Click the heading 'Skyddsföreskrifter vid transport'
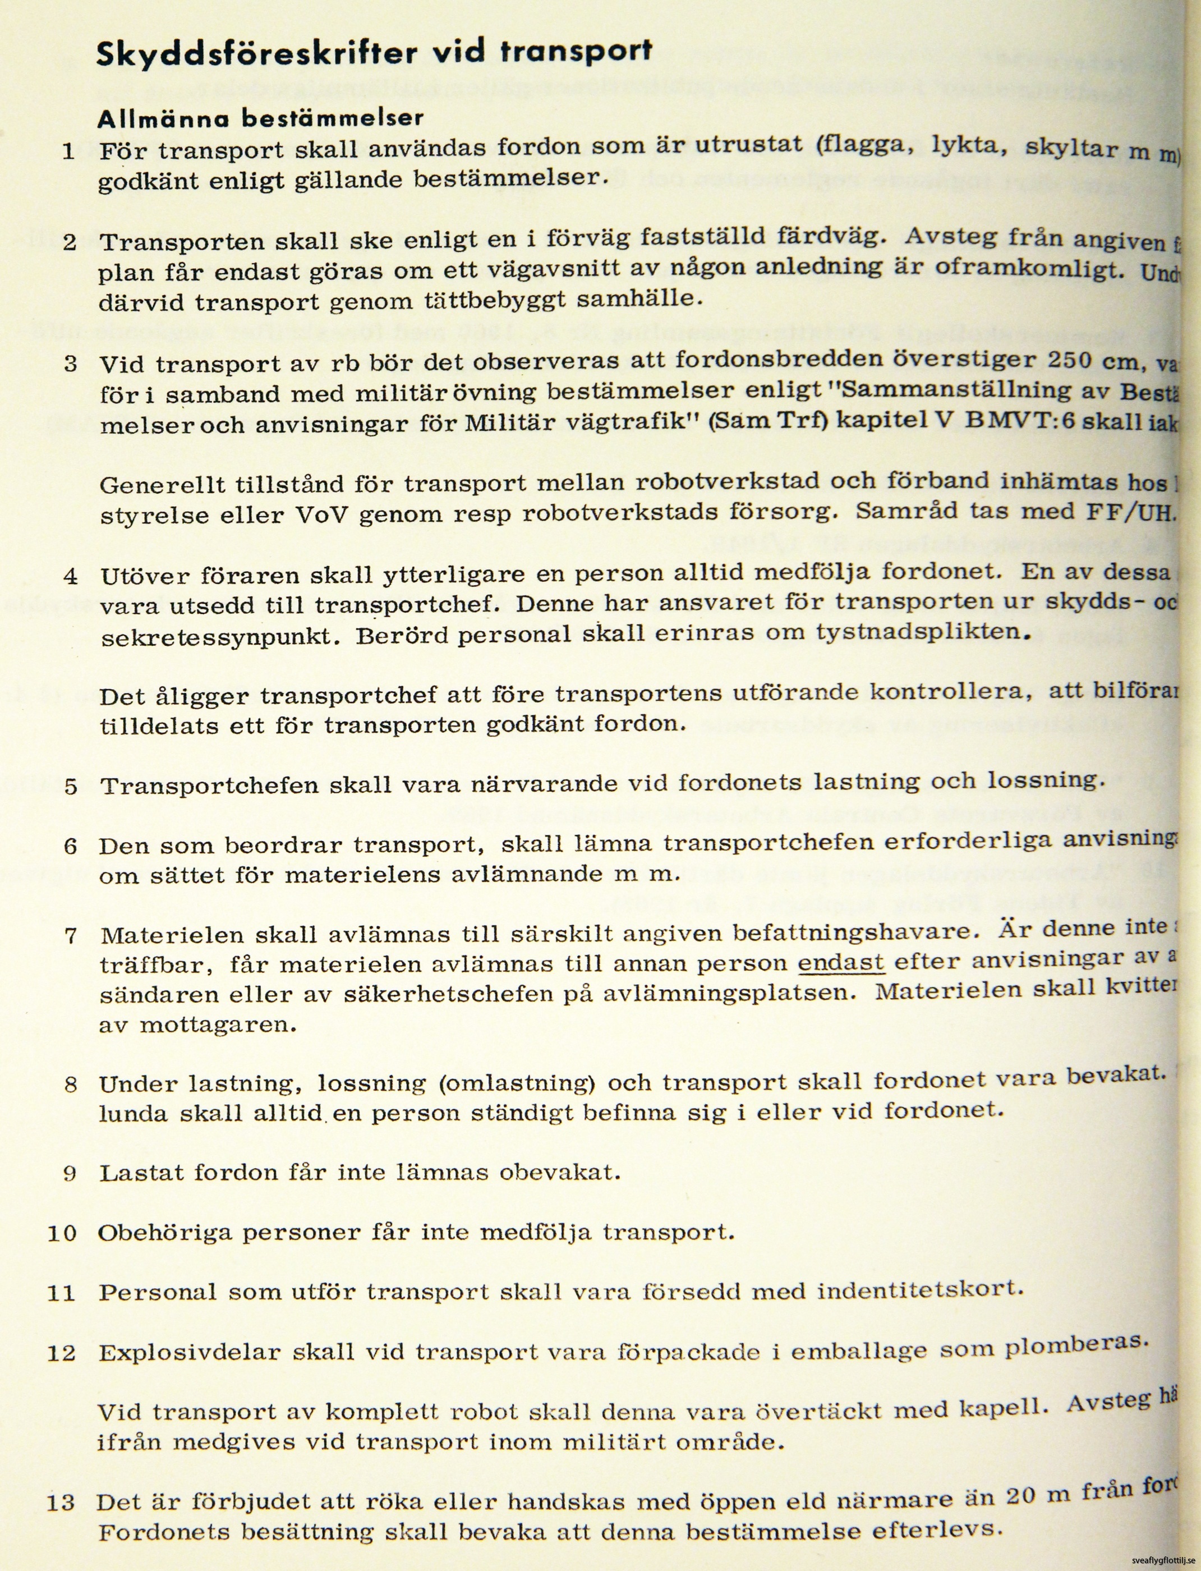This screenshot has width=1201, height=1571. [x=374, y=55]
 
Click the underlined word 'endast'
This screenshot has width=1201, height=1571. [x=841, y=962]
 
